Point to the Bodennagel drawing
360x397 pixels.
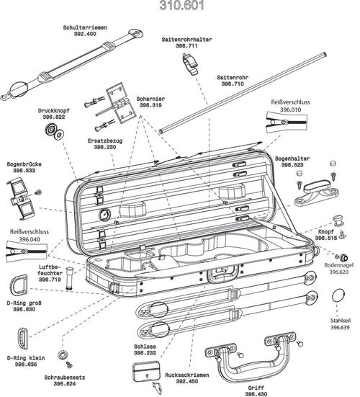345,257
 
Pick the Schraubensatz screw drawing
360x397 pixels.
63,356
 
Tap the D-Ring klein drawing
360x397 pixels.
22,337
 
